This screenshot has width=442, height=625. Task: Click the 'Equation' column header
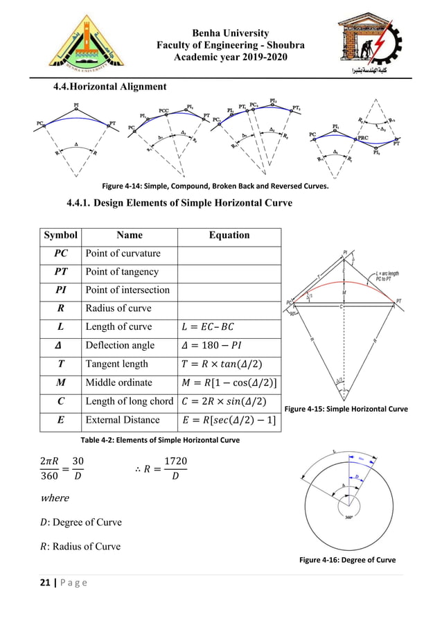coord(229,236)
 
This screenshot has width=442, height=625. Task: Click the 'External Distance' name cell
coord(123,419)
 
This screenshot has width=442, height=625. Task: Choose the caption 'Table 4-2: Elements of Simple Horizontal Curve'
coord(161,440)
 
